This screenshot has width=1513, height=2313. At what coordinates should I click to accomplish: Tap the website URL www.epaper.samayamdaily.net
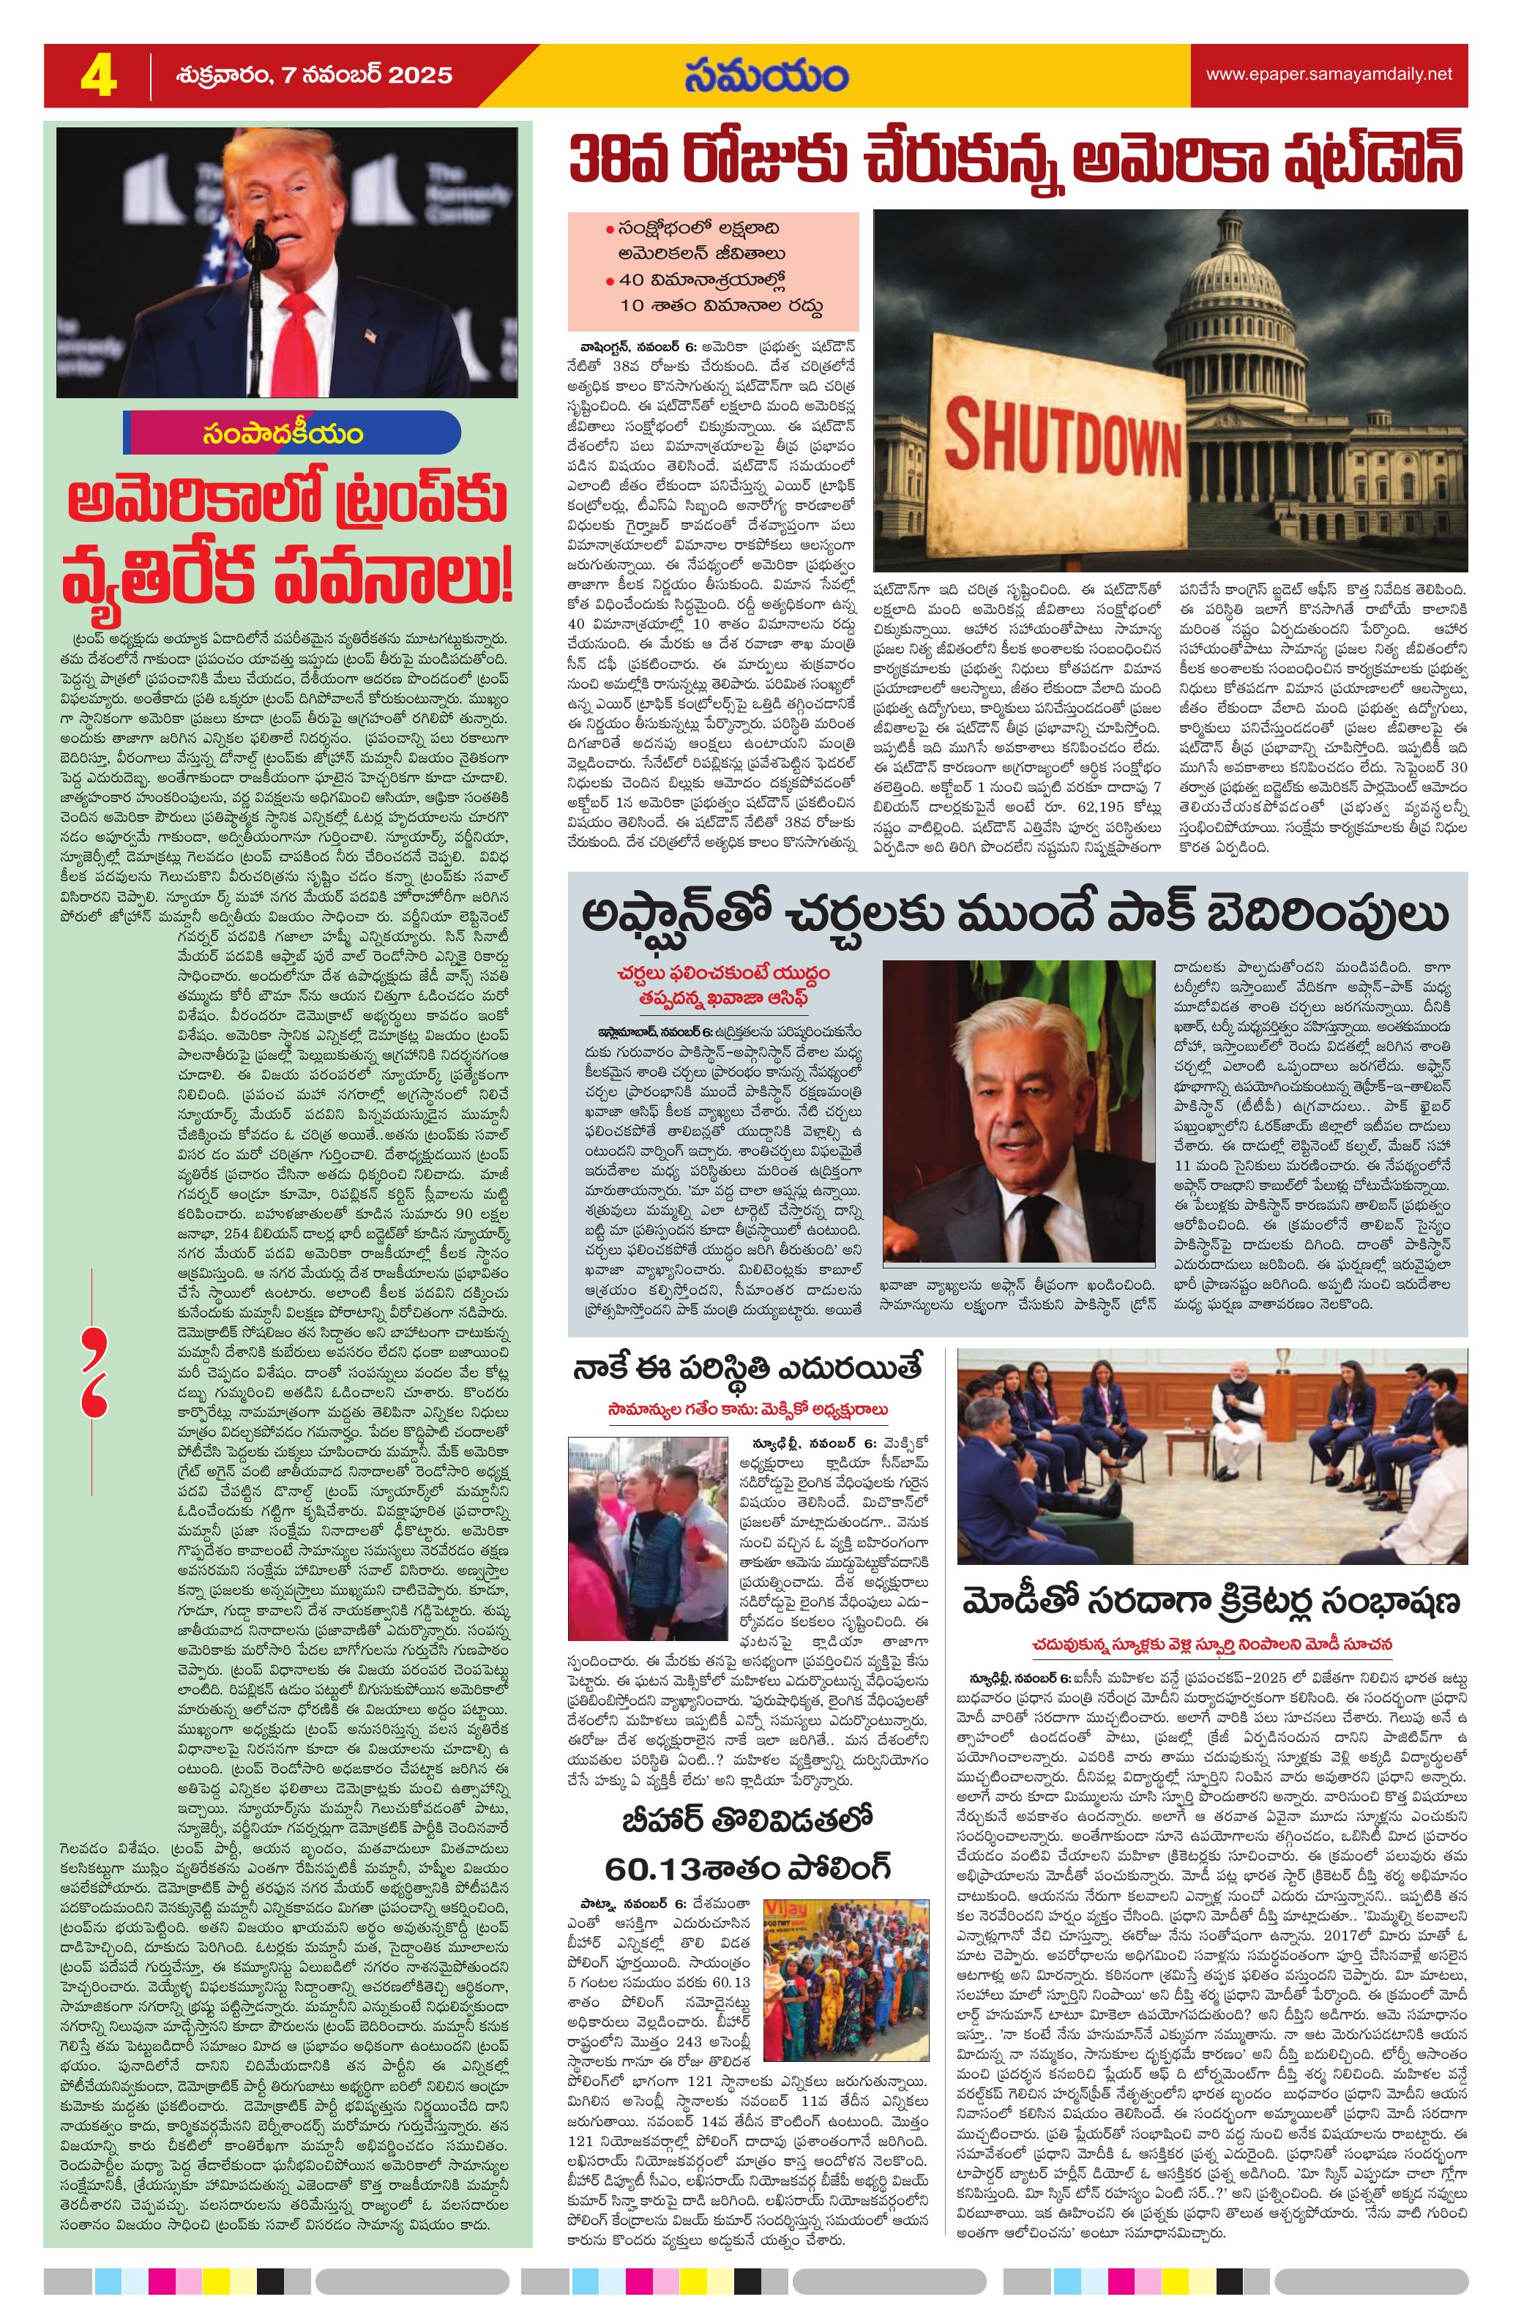click(1329, 74)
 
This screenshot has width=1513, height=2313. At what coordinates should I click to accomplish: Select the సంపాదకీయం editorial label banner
click(291, 433)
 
